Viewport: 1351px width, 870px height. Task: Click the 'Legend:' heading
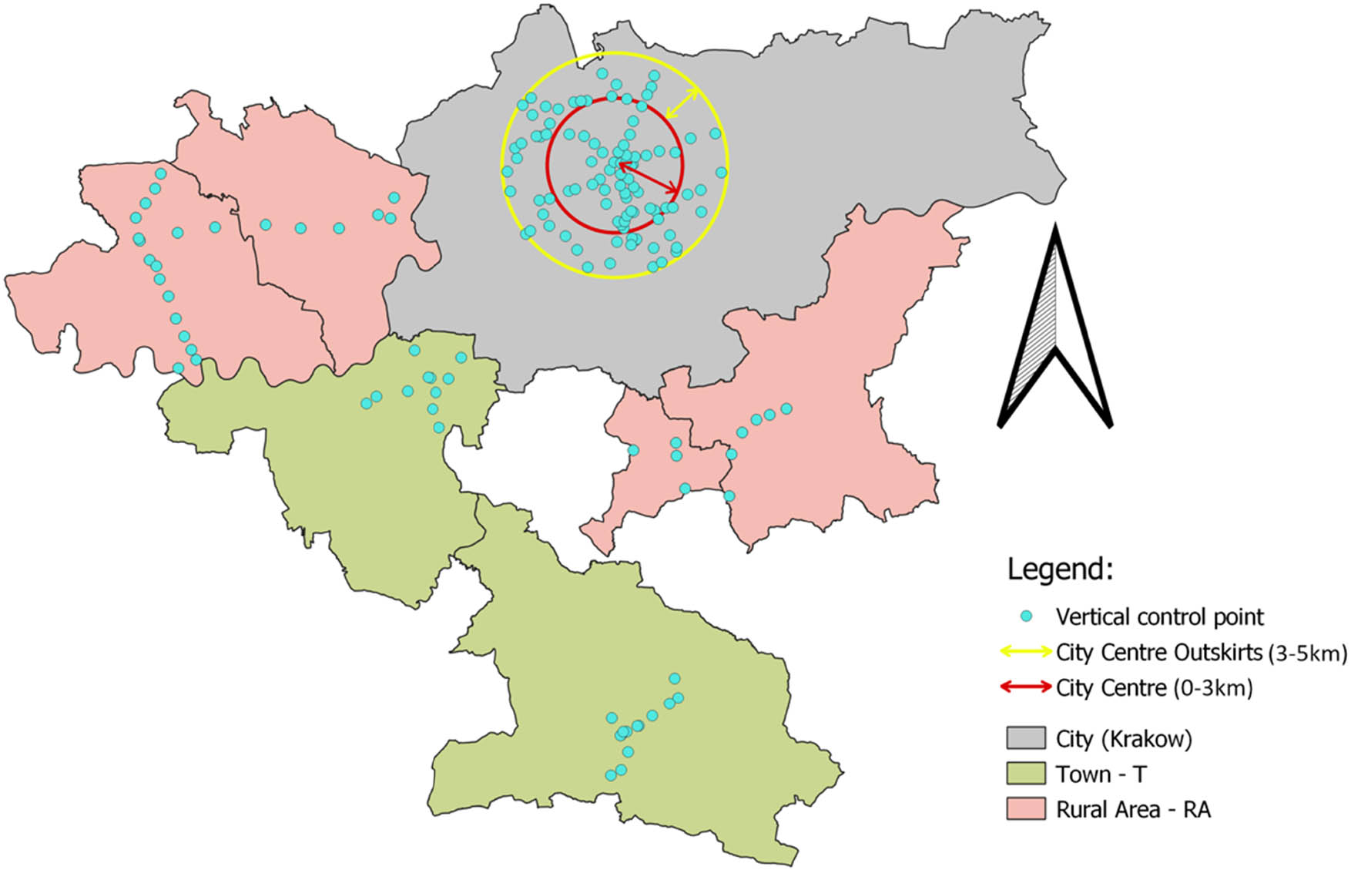[x=1060, y=569]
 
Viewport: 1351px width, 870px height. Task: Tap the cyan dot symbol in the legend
[x=1025, y=616]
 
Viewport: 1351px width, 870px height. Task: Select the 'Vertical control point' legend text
[x=1159, y=616]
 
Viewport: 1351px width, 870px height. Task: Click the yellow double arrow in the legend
[x=1025, y=652]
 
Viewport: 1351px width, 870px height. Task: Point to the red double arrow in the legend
[x=1025, y=687]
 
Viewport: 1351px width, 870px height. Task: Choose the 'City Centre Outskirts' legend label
[x=1158, y=652]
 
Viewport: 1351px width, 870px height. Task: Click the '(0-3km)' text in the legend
[x=1213, y=687]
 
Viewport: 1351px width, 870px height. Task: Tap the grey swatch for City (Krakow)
[x=1025, y=738]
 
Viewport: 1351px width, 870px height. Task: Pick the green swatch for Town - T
[x=1025, y=773]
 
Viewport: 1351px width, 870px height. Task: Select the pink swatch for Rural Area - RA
[x=1025, y=808]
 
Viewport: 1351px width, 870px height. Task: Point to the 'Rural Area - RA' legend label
[x=1133, y=809]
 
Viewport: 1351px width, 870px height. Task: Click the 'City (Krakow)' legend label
[x=1123, y=739]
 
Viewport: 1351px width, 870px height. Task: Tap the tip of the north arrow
[x=1055, y=227]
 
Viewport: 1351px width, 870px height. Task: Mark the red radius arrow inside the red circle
[x=649, y=177]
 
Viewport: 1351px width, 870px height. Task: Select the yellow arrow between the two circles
[x=682, y=103]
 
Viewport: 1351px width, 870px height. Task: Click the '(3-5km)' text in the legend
[x=1306, y=653]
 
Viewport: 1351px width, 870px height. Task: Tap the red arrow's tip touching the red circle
[x=679, y=192]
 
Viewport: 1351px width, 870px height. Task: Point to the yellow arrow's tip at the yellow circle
[x=699, y=89]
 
